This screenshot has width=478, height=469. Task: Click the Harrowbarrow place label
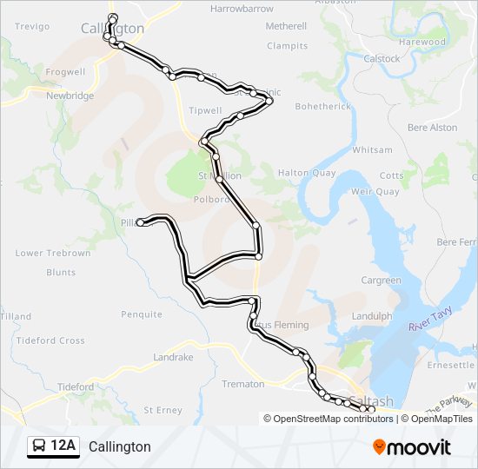click(x=242, y=9)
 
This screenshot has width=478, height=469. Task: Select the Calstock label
click(x=382, y=59)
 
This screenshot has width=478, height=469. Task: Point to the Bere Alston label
click(x=432, y=128)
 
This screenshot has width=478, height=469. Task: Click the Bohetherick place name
click(x=322, y=107)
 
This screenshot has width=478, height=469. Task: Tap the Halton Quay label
click(x=306, y=173)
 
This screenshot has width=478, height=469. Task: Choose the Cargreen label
click(x=381, y=281)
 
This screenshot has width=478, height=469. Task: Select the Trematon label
click(x=243, y=384)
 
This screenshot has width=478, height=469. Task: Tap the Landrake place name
click(x=173, y=357)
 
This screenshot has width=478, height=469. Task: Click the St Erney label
click(x=163, y=409)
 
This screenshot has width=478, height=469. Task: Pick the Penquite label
click(x=142, y=314)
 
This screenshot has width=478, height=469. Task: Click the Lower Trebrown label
click(x=53, y=254)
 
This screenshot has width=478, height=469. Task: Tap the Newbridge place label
click(x=70, y=96)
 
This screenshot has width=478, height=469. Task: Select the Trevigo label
click(x=32, y=27)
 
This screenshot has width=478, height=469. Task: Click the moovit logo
click(x=412, y=447)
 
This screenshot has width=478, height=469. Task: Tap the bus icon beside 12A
click(x=39, y=446)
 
